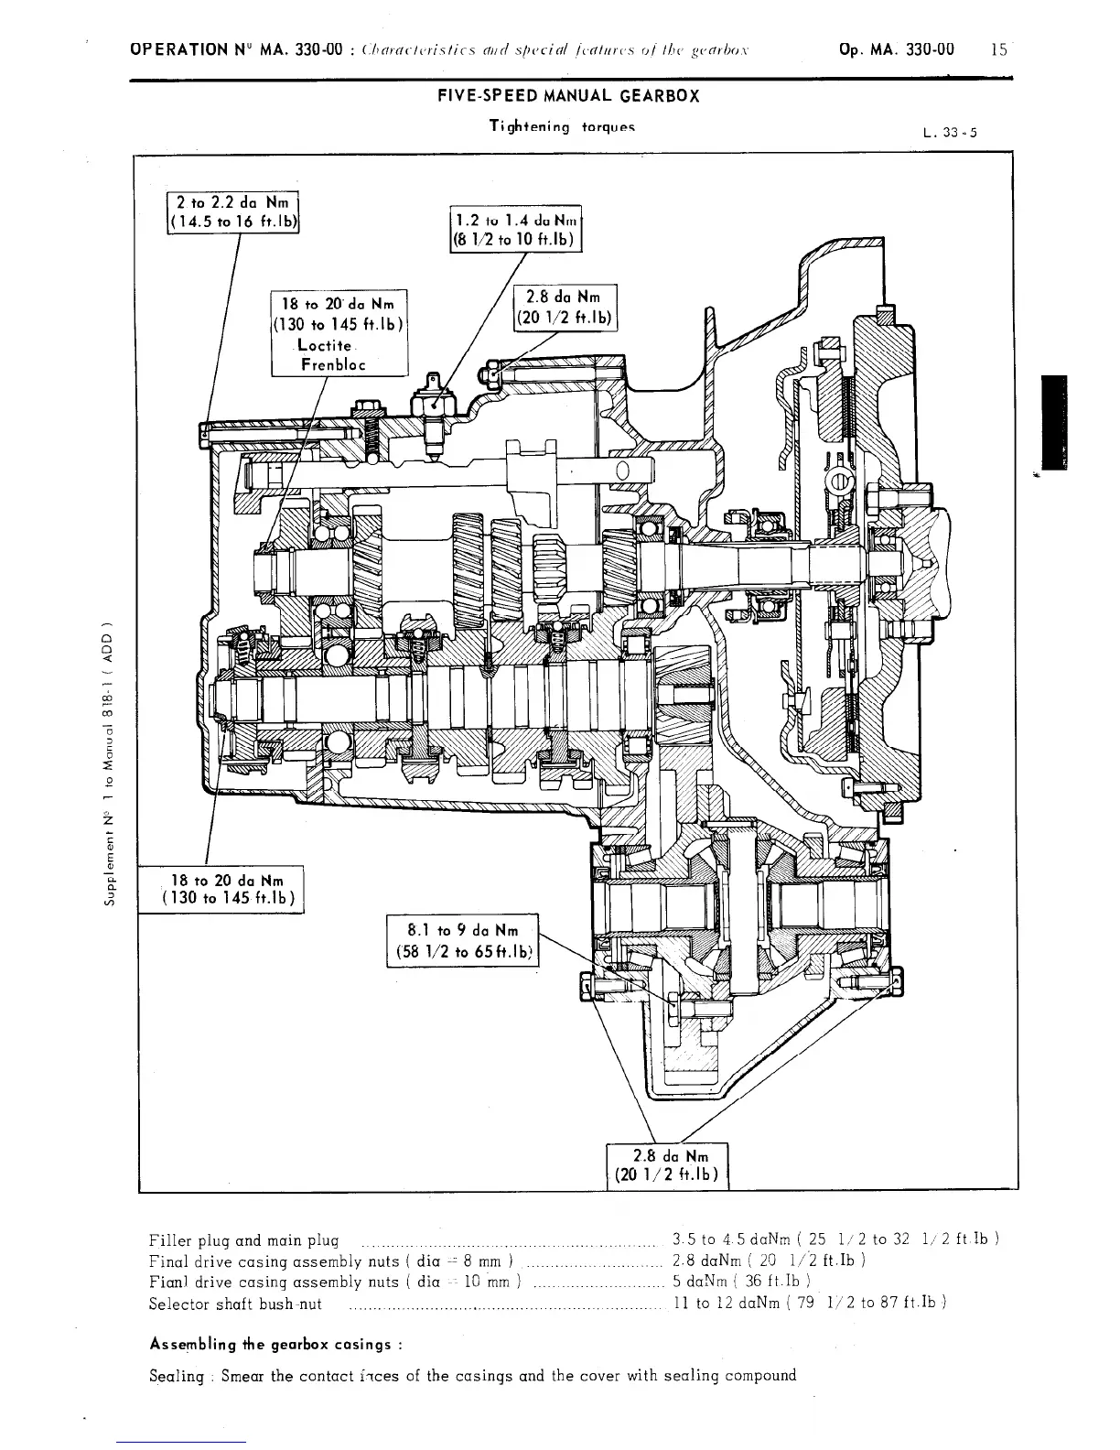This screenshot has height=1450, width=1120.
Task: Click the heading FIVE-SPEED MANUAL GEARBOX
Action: [x=561, y=96]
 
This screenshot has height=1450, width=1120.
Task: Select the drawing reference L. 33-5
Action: [x=951, y=132]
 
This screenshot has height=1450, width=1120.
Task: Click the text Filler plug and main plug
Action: [x=243, y=1242]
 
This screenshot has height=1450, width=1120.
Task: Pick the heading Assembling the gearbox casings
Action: [x=275, y=1345]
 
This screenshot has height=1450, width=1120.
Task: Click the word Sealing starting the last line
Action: [x=178, y=1375]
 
